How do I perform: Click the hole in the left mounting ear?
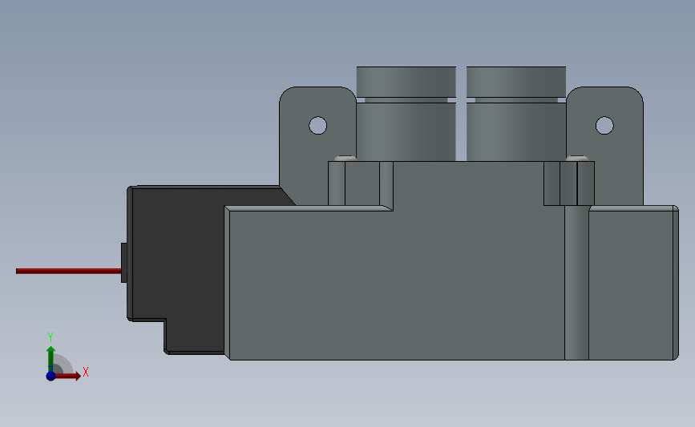tap(318, 125)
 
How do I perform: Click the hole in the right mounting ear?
tap(604, 125)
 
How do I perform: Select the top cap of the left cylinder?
tap(406, 81)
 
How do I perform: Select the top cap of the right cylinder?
tap(516, 81)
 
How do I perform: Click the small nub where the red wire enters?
tap(123, 263)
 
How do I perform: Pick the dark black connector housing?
tap(176, 256)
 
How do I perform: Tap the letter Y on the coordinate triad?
tap(51, 336)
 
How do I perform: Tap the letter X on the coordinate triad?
tap(85, 372)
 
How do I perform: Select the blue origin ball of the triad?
tap(51, 375)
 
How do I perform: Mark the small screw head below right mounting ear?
tap(576, 158)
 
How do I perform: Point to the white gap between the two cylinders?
tap(461, 112)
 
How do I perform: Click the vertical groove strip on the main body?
tap(576, 280)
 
